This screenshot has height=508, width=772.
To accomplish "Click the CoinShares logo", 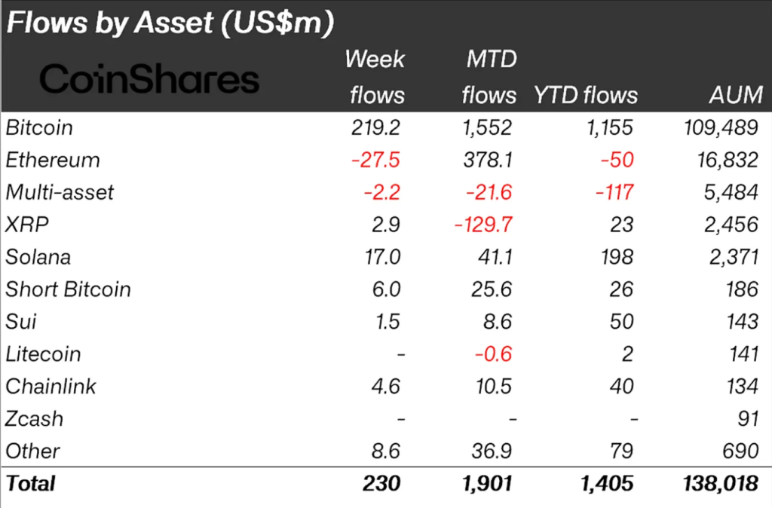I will point(149,78).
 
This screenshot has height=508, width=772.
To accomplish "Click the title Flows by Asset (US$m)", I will point(169,23).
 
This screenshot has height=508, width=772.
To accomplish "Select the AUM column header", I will point(735,96).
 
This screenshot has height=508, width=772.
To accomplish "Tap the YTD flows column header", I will point(586,96).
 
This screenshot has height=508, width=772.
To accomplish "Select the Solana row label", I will point(38,257).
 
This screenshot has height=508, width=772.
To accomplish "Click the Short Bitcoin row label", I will point(68,289).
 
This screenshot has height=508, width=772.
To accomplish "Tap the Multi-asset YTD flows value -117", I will point(611,193).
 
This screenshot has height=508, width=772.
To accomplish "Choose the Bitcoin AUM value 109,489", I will point(718,128).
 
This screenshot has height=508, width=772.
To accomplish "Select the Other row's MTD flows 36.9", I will point(491,451).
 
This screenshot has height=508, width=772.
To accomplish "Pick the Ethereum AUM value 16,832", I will point(726,161).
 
